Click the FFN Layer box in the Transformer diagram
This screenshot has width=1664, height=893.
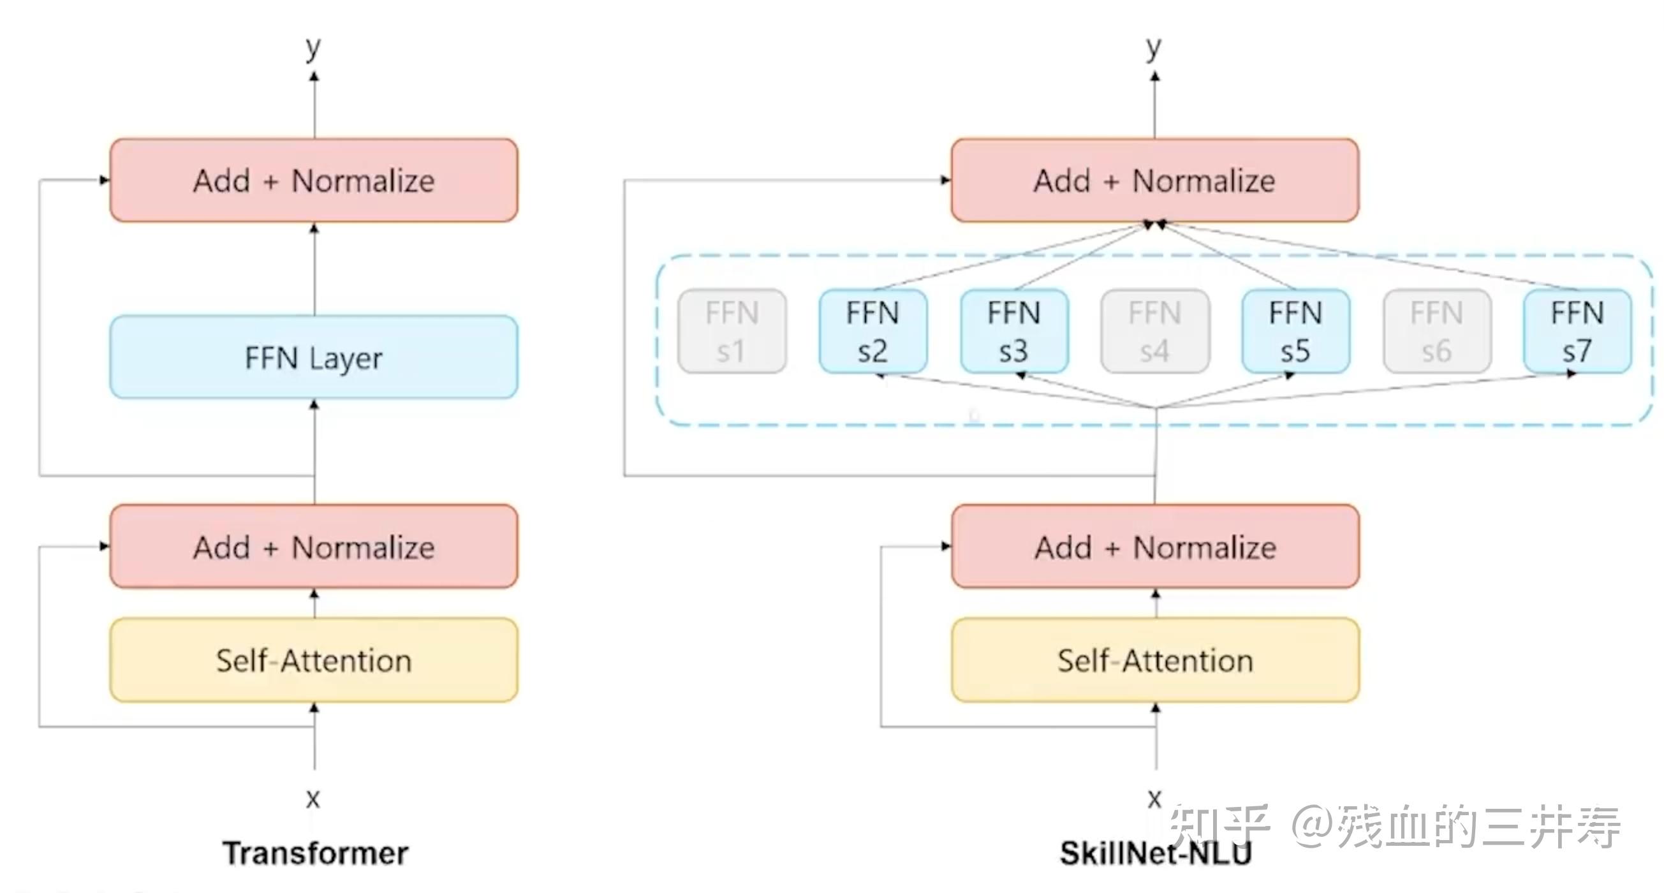313,357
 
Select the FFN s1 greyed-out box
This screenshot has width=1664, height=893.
732,331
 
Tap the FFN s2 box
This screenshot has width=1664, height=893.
872,331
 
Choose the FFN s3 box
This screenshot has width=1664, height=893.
1013,331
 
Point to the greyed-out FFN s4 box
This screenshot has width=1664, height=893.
1154,331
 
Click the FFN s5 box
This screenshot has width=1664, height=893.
1295,331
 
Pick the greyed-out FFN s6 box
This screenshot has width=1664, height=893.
1436,331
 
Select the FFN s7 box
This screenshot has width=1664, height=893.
1577,331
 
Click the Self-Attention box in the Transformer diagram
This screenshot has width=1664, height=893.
313,660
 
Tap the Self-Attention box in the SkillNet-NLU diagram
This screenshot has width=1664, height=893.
1155,660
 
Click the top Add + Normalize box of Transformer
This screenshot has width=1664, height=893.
313,181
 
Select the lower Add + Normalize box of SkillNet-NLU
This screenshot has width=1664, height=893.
1155,547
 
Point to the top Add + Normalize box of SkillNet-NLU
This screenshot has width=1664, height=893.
1154,181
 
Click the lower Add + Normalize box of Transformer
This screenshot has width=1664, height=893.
313,547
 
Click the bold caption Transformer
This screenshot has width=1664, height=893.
315,853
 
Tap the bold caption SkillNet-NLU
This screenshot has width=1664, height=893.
1155,853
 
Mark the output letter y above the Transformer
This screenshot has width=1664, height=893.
313,48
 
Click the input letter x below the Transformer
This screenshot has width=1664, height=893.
313,799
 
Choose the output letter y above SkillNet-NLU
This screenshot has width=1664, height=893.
1154,48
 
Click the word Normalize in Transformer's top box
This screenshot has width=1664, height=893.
363,181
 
